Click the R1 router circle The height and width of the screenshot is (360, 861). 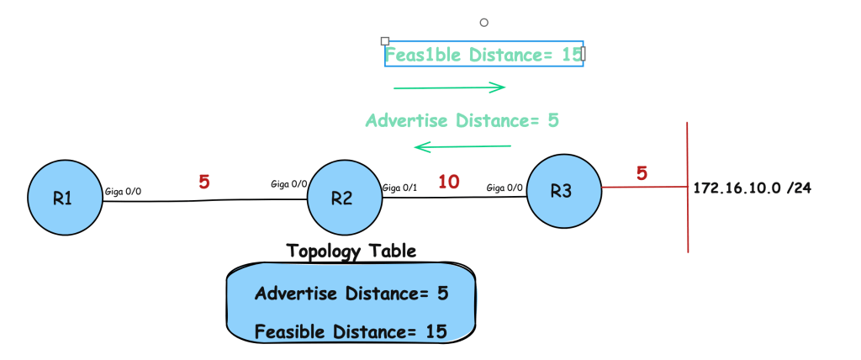click(x=64, y=199)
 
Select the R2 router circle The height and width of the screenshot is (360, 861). click(x=341, y=199)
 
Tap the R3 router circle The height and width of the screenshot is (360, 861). click(x=563, y=191)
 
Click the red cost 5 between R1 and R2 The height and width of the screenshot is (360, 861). click(x=204, y=182)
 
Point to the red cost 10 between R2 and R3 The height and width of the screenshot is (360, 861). click(x=449, y=181)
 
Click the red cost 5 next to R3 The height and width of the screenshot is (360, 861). click(x=642, y=174)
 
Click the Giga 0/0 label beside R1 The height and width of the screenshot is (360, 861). click(x=122, y=192)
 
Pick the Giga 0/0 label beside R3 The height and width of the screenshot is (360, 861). click(x=504, y=188)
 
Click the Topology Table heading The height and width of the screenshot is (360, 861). click(x=351, y=251)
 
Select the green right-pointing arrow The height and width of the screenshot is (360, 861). click(x=449, y=87)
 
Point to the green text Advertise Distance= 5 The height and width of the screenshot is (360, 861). click(x=462, y=120)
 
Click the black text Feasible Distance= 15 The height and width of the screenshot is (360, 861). click(x=351, y=331)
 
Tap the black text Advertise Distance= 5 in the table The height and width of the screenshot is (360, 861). click(x=351, y=294)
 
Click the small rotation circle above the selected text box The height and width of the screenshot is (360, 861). click(x=483, y=23)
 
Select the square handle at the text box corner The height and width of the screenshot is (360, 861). click(x=385, y=40)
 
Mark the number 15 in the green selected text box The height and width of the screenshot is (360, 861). click(x=572, y=55)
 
